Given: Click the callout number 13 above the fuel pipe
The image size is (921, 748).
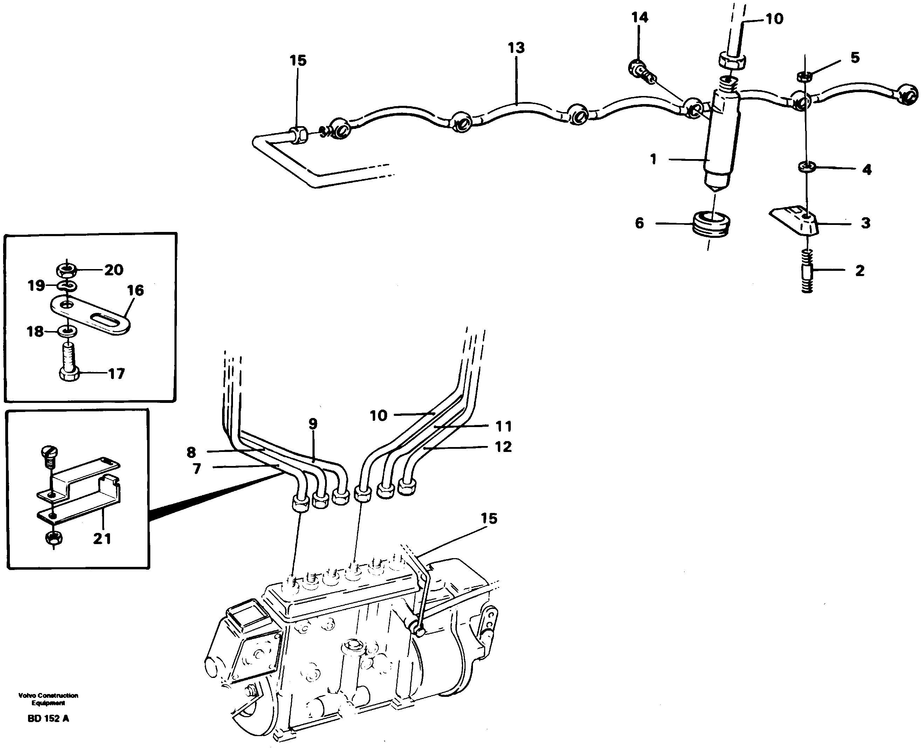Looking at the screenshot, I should [516, 48].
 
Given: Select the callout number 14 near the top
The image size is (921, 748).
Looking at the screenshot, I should [639, 18].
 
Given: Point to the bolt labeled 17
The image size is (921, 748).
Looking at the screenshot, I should [69, 362].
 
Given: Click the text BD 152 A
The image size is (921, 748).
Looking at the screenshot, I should [48, 718].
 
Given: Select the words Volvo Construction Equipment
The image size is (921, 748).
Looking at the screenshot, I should [48, 699].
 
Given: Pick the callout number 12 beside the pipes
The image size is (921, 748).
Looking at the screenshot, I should [503, 447].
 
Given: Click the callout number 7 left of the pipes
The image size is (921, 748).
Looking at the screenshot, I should [197, 468].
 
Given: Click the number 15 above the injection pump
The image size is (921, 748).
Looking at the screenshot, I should [488, 518].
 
